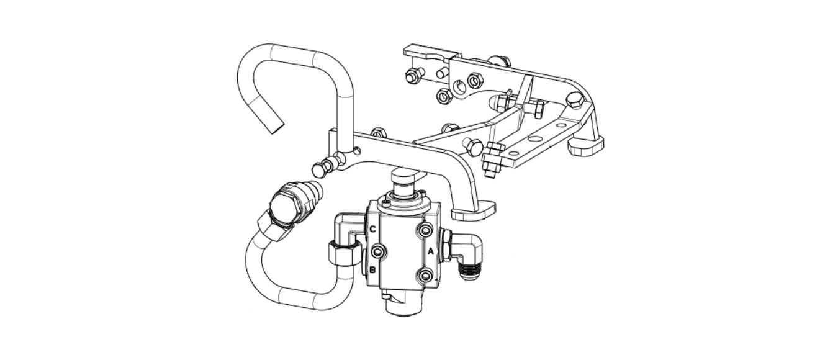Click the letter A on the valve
(431, 251)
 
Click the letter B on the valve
(372, 269)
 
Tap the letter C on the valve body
(373, 229)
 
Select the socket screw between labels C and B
(377, 252)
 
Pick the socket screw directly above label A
(425, 230)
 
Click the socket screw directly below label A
(425, 276)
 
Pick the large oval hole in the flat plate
(535, 138)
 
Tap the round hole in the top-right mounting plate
(460, 88)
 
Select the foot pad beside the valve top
(474, 211)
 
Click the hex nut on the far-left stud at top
(412, 76)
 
